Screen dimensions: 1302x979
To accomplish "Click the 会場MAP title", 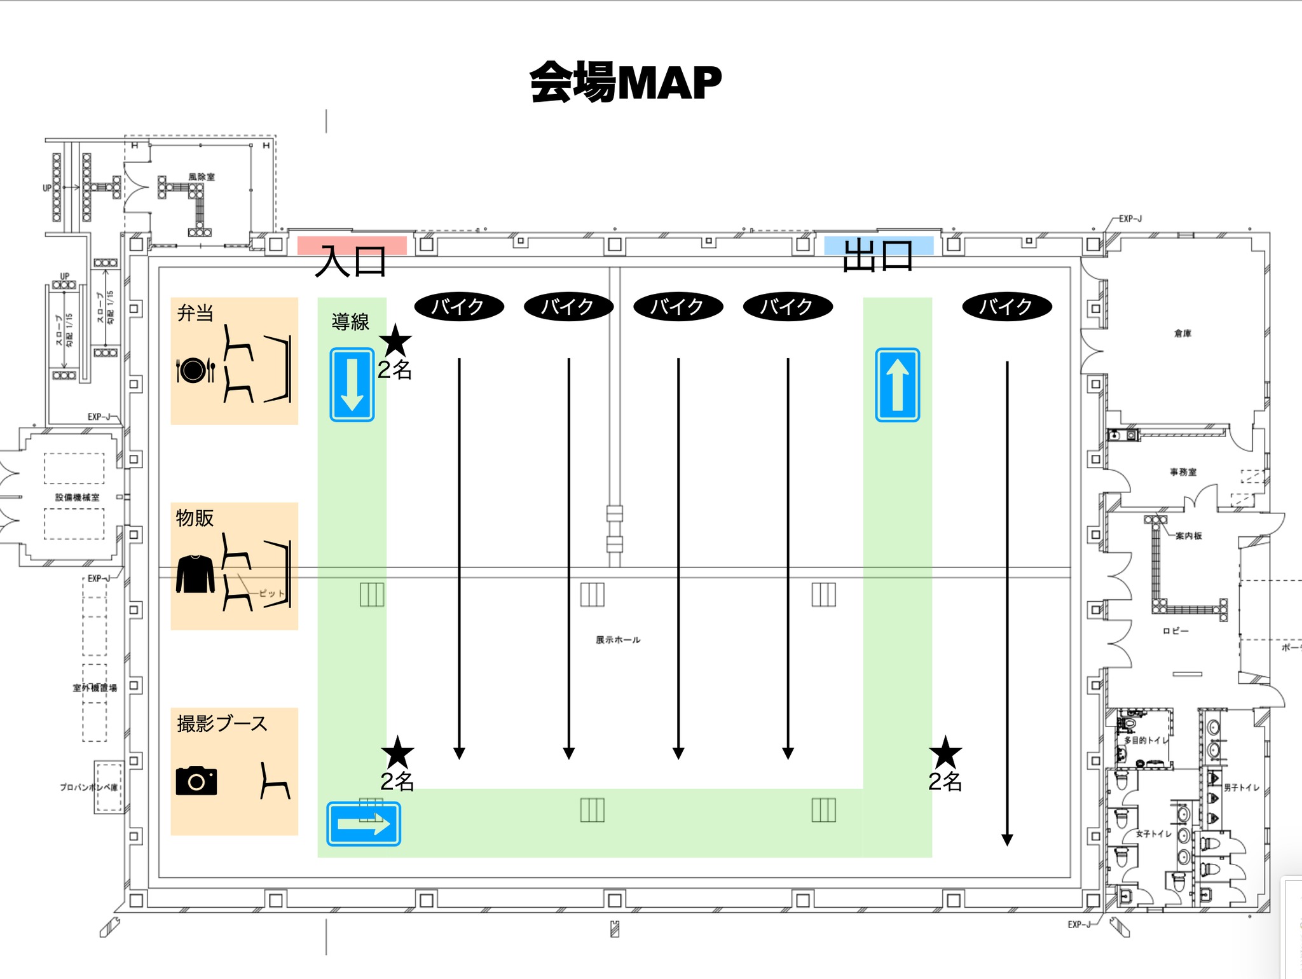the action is pos(626,83).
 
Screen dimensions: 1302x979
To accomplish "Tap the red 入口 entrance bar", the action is pos(352,246).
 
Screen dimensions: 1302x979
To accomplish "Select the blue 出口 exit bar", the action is pos(879,246).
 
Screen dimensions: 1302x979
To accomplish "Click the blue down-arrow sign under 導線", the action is pos(352,384).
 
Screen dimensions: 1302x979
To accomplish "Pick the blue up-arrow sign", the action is pos(897,384).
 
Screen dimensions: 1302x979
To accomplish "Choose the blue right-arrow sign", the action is pos(364,824).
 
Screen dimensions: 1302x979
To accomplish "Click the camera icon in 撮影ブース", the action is pos(196,781).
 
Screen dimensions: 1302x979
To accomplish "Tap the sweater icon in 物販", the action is pos(195,574).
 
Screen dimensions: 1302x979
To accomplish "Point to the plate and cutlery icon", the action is pos(195,370).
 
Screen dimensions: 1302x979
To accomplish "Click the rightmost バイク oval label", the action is pos(1006,307).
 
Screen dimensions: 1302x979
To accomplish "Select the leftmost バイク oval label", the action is pos(459,307).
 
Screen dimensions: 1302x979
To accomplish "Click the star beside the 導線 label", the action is pos(395,340).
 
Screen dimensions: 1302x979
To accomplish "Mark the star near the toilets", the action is pos(945,753).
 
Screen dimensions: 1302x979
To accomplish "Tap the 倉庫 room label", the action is pos(1182,333).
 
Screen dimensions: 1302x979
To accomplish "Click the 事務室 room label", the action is pos(1182,472).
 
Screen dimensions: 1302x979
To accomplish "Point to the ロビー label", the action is pos(1175,631).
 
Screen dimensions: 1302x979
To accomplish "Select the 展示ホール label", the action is pos(617,640).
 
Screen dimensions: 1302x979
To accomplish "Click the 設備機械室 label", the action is pos(77,497).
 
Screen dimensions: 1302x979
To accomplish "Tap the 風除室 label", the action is pos(202,177).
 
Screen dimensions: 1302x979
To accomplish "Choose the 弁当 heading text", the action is pos(195,313).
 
